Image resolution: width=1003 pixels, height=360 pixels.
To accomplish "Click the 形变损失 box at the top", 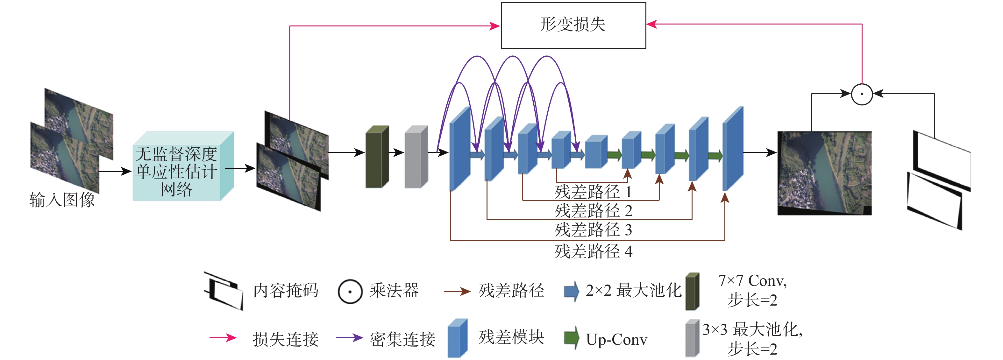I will [573, 25].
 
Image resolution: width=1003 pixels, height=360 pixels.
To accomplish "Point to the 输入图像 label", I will [62, 200].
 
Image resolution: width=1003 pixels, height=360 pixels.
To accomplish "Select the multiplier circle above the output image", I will [862, 94].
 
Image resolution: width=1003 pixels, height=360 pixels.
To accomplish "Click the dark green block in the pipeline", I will [376, 157].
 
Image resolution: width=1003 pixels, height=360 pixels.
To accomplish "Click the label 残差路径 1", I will [593, 192].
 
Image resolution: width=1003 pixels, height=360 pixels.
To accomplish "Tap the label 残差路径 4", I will [593, 251].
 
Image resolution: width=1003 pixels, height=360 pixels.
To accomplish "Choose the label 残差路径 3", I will [593, 229].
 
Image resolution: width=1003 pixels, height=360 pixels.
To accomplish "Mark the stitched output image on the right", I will [824, 173].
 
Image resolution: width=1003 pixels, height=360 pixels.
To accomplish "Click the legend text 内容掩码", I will [286, 290].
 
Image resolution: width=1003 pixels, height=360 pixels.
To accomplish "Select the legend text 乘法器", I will [394, 290].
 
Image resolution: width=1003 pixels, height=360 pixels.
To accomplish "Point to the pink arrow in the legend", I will [223, 337].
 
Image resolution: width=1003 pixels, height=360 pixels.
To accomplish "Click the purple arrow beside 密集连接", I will [349, 337].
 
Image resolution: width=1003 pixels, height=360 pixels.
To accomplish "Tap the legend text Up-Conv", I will [616, 339].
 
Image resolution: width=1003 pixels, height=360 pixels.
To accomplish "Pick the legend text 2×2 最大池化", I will [633, 290].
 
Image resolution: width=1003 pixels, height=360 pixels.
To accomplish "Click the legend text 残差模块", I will [511, 337].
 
